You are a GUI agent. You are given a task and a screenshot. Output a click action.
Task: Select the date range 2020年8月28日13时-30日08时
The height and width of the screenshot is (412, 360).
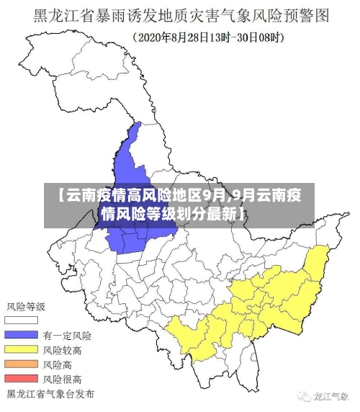209,35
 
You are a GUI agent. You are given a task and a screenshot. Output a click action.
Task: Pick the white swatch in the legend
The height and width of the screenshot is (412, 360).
21,321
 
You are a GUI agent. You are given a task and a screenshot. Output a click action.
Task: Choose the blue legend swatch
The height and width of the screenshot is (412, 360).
21,335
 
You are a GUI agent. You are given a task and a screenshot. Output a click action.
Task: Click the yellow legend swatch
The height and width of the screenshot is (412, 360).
21,349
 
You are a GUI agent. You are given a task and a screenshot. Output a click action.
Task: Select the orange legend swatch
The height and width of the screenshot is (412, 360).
21,364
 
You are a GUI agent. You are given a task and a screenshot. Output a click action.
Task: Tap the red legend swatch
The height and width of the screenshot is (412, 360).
21,378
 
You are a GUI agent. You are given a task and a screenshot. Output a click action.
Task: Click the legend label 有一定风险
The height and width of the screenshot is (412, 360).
67,336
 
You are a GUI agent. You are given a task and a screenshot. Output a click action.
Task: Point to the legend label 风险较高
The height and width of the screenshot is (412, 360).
62,350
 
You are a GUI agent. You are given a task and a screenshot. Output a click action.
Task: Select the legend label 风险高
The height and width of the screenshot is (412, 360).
57,364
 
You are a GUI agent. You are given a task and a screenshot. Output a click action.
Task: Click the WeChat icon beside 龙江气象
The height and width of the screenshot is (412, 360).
300,396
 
